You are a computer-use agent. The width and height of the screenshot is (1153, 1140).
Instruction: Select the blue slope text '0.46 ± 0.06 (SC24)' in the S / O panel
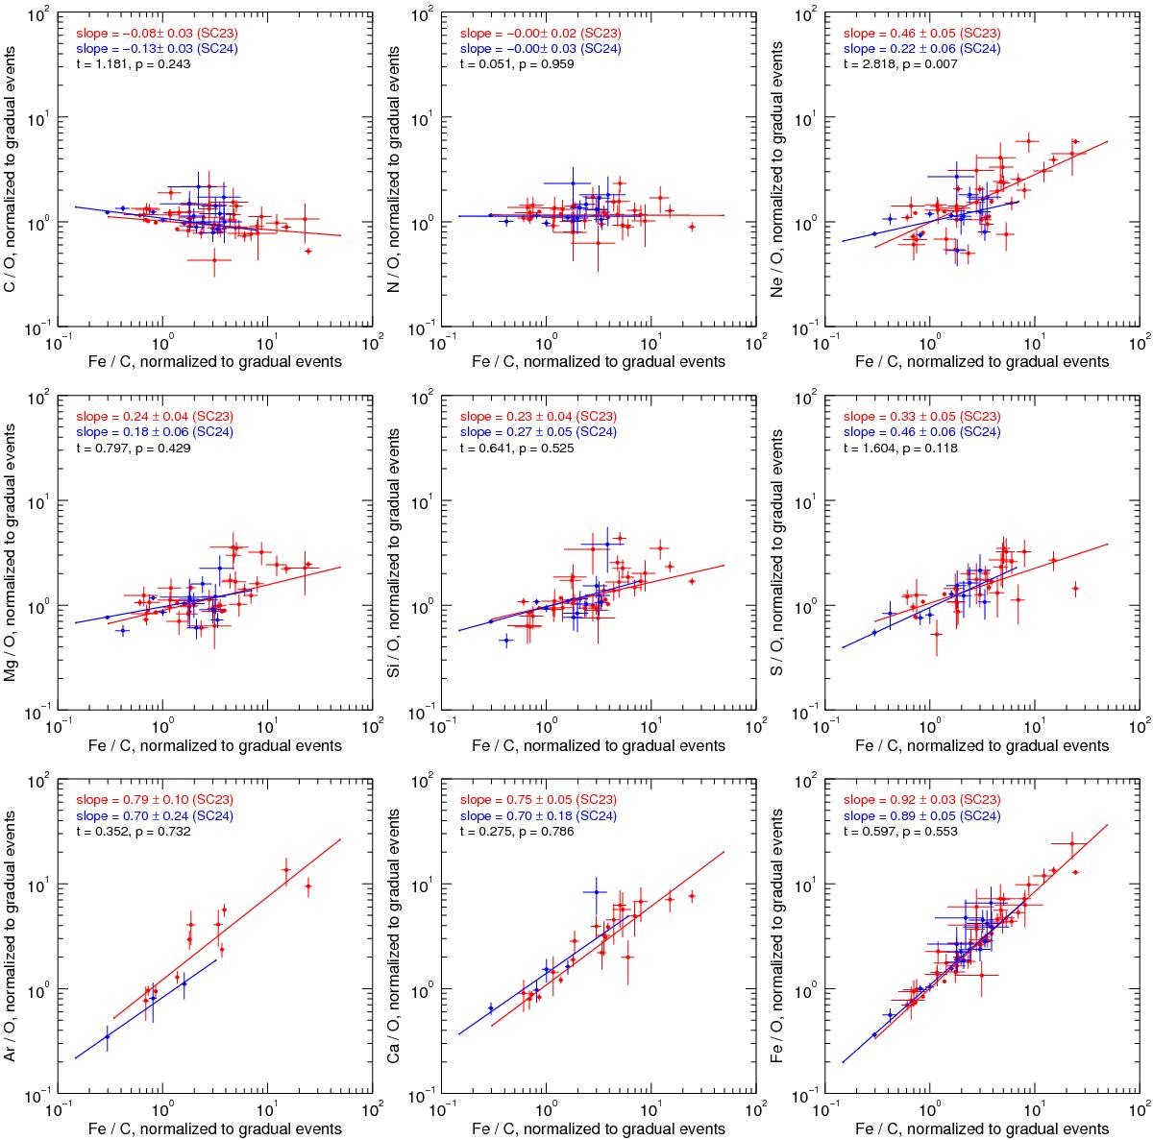pos(922,432)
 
